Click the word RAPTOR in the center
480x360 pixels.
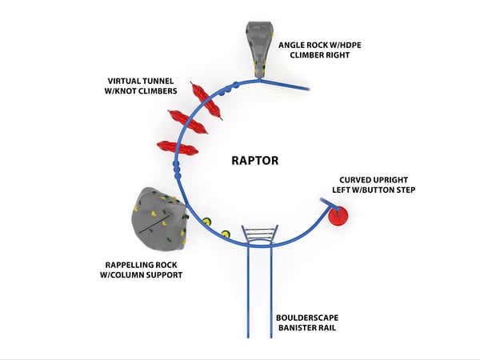click(255, 160)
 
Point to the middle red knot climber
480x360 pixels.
click(192, 122)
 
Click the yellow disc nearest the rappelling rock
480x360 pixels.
click(206, 222)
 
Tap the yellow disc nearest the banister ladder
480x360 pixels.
click(226, 234)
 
